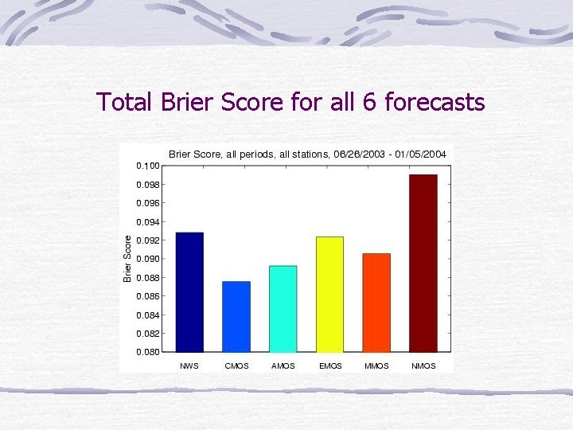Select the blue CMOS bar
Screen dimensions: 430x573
(236, 316)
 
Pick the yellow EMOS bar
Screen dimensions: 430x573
(329, 294)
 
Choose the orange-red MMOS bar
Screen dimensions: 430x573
(376, 303)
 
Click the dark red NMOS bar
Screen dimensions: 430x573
(423, 263)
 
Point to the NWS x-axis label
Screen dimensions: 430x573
(189, 366)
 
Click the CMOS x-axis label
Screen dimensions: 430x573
(236, 366)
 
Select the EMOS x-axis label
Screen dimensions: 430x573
(329, 366)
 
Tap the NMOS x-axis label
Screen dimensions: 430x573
(423, 366)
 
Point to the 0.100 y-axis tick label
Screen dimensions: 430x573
(148, 166)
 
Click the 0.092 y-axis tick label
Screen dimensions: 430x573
(148, 240)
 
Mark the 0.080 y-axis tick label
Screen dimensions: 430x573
(148, 352)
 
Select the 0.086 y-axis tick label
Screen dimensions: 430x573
(148, 296)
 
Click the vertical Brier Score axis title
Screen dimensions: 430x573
(127, 256)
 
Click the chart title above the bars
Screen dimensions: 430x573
(307, 154)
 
